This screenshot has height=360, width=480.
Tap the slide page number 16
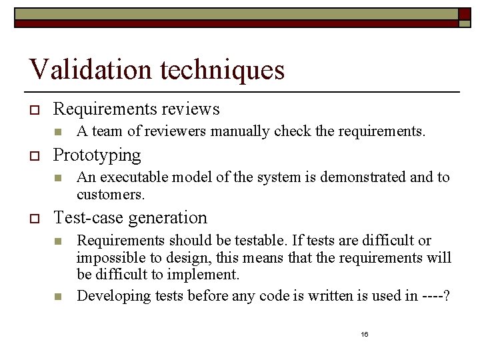pos(365,334)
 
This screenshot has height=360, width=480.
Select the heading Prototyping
pos(97,155)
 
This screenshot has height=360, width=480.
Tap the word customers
pos(110,195)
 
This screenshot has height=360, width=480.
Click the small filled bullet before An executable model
pos(59,178)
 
